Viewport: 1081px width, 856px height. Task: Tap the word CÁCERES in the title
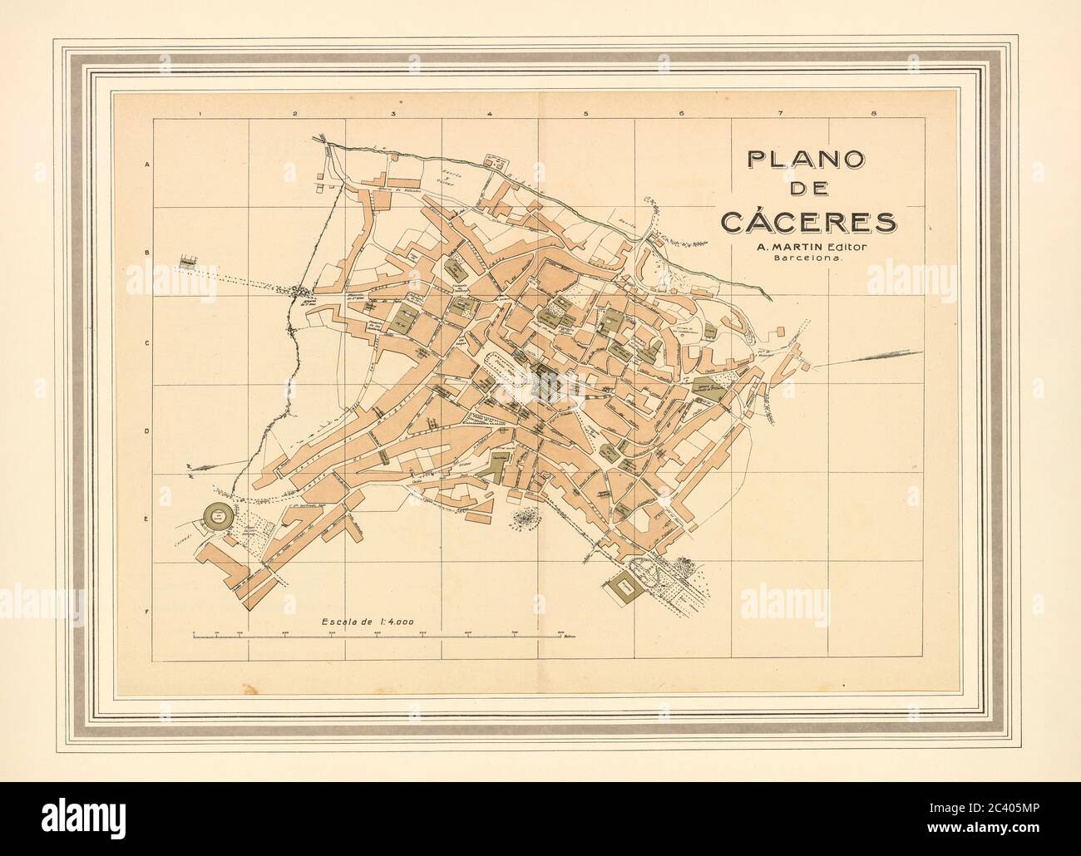click(x=807, y=222)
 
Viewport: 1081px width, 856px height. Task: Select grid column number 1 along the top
click(x=200, y=113)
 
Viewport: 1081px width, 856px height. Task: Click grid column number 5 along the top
click(x=586, y=113)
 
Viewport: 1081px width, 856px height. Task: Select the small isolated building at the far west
click(x=189, y=262)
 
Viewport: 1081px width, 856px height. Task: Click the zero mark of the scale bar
click(x=193, y=634)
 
